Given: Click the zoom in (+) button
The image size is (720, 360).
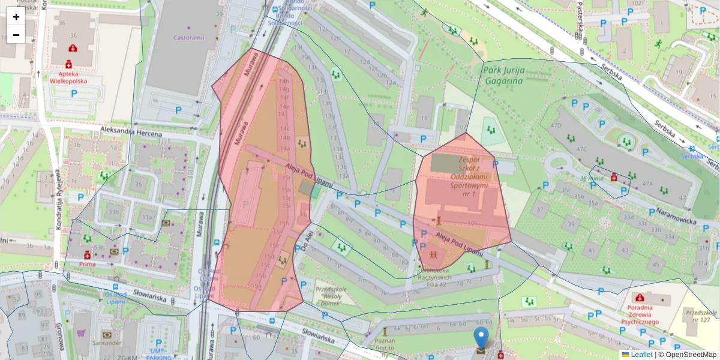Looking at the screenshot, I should (16, 17).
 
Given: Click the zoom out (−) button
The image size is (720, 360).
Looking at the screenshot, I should (16, 35).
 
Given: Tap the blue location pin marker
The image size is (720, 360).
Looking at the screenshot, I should (481, 338).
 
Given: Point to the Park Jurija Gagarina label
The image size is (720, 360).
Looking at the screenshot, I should (504, 74).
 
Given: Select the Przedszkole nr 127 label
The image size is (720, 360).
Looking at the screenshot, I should (701, 316).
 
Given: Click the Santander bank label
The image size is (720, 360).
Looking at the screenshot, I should (107, 343).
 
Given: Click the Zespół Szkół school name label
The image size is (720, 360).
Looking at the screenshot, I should (468, 177).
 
